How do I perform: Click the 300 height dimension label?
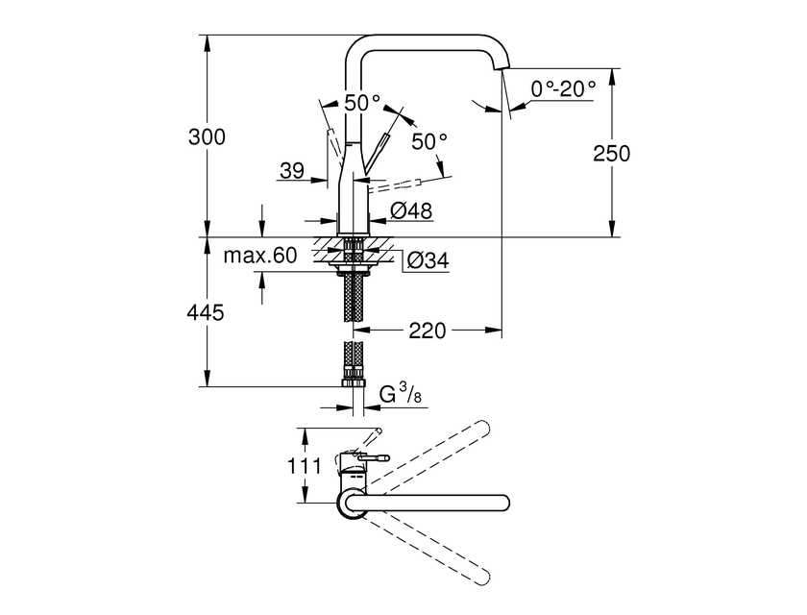[208, 137]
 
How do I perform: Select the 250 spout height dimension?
[612, 153]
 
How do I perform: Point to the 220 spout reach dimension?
[428, 331]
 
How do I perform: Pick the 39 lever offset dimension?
[292, 172]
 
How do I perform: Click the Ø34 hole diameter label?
[426, 259]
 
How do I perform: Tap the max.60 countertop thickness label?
[260, 256]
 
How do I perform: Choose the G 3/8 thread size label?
[396, 394]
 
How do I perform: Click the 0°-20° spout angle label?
[564, 89]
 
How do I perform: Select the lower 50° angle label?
[429, 141]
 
